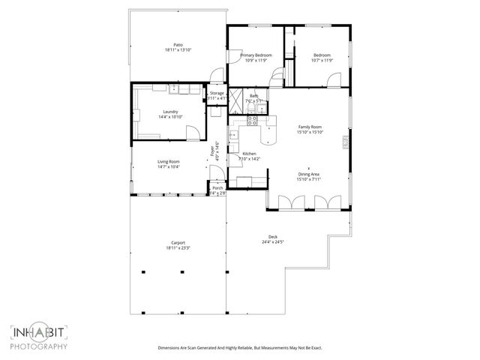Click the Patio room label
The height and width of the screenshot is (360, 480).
point(178,44)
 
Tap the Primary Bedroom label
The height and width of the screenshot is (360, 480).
point(256,55)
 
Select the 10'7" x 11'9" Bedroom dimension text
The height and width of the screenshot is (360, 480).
point(322,61)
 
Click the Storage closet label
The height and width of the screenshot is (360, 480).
point(217,93)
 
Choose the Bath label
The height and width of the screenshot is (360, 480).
point(254,95)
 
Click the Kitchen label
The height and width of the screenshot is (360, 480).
point(249,154)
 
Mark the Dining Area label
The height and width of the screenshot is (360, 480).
point(309,175)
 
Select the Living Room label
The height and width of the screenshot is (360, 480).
point(169,161)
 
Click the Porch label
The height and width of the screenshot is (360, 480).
point(217,188)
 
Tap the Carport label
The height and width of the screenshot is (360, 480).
point(178,242)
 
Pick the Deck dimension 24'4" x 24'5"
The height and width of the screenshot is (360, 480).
point(273,242)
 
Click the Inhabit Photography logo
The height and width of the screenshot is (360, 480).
point(39,337)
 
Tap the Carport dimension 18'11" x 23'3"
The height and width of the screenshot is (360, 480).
point(178,248)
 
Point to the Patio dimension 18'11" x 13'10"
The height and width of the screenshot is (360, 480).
point(178,49)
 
